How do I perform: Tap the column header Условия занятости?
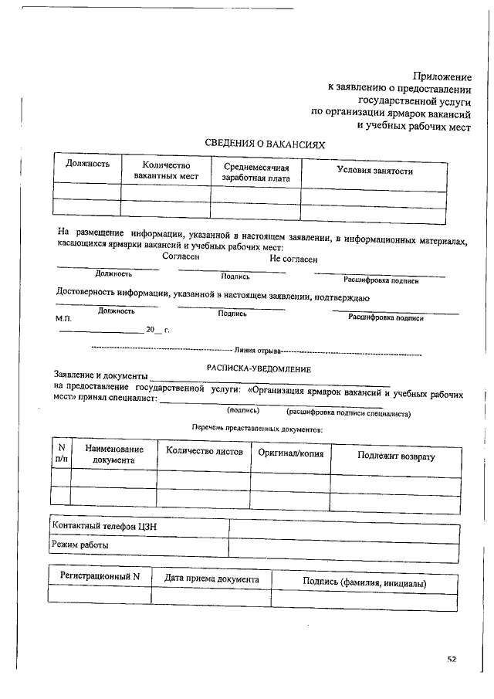374,171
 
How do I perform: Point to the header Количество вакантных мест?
166,171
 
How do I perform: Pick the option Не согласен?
293,260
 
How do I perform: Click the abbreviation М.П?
63,318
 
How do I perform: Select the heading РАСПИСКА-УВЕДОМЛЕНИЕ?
259,369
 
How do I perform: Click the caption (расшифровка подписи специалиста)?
347,413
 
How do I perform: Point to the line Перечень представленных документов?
257,428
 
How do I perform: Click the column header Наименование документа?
113,454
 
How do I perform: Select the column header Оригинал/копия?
291,451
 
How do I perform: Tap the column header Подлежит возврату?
396,456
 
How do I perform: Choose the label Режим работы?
80,545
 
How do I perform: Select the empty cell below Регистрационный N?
100,595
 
